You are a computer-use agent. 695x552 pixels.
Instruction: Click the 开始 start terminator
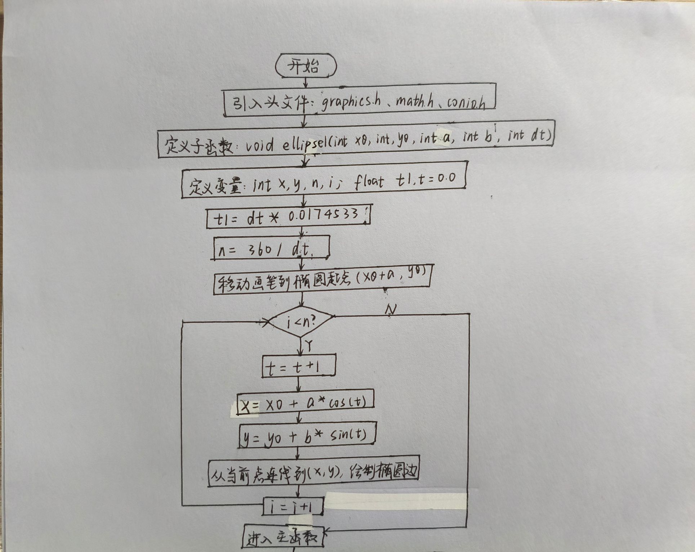pyautogui.click(x=306, y=66)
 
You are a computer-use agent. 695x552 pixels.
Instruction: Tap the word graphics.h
pyautogui.click(x=351, y=102)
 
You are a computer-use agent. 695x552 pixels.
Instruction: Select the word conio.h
pyautogui.click(x=466, y=103)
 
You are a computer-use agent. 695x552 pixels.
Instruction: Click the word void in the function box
pyautogui.click(x=260, y=146)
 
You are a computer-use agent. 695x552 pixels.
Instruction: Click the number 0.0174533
pyautogui.click(x=323, y=216)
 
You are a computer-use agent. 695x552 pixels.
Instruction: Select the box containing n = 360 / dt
pyautogui.click(x=271, y=248)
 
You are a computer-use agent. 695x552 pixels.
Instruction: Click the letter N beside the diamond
pyautogui.click(x=391, y=310)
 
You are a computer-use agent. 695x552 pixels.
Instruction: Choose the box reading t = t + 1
pyautogui.click(x=299, y=366)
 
